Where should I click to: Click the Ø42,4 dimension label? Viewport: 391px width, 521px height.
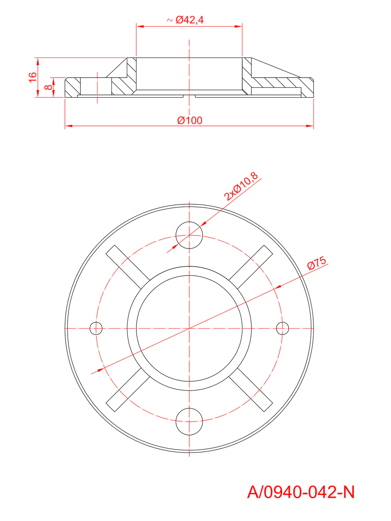[x=189, y=20]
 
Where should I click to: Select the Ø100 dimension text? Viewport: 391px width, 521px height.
[x=190, y=120]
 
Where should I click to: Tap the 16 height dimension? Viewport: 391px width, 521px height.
[x=33, y=77]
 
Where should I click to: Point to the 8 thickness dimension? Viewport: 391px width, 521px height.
[x=48, y=87]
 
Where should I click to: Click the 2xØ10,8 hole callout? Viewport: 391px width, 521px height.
[x=241, y=186]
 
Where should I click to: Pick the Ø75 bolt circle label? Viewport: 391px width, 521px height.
[x=317, y=263]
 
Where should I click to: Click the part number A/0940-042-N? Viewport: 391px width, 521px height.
[x=300, y=492]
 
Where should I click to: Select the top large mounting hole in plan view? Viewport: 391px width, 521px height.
[x=189, y=235]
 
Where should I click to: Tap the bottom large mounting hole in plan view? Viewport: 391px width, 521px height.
[x=189, y=422]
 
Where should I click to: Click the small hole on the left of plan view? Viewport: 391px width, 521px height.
[x=96, y=329]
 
